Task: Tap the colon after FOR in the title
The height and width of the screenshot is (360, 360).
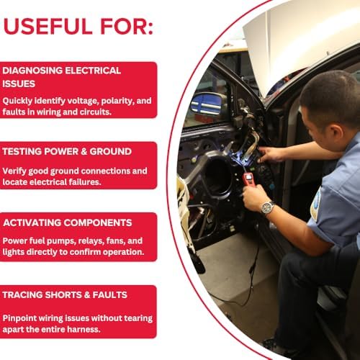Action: [x=150, y=27]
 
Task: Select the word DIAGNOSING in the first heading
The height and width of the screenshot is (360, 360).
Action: [x=32, y=71]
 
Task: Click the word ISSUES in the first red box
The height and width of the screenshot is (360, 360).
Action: [x=19, y=84]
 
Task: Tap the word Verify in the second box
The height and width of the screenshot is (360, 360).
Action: [x=14, y=171]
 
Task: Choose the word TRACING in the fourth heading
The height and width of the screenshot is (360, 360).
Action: [x=22, y=295]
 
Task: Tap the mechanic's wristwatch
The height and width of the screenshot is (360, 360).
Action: [x=267, y=208]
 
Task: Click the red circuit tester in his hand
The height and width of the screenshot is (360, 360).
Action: [x=248, y=179]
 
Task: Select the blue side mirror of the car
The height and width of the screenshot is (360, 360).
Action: [x=207, y=104]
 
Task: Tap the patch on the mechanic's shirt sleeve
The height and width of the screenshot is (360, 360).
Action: [x=315, y=204]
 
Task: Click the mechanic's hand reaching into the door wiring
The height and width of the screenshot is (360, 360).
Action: [x=270, y=154]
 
